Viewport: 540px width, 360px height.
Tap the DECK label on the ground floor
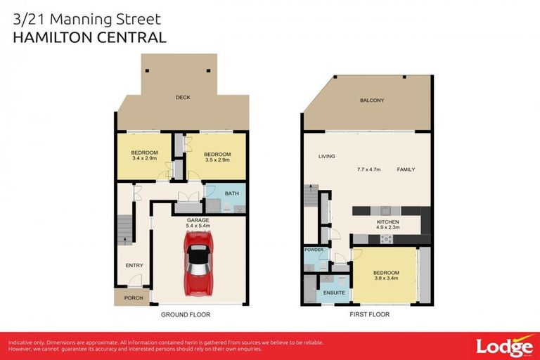[183, 98]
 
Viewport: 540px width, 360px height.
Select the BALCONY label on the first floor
[372, 101]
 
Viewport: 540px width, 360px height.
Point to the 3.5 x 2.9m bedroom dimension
[217, 160]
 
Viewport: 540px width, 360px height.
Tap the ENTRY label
[134, 265]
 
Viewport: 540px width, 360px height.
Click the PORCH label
[134, 298]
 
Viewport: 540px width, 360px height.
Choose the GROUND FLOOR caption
[186, 314]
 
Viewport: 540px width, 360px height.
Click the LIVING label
[326, 156]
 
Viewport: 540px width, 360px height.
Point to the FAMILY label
[406, 170]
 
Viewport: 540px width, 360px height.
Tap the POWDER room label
[314, 250]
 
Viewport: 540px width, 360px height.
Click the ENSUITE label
[333, 292]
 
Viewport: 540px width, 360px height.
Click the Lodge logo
[503, 346]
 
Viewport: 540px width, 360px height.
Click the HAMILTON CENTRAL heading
[90, 37]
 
